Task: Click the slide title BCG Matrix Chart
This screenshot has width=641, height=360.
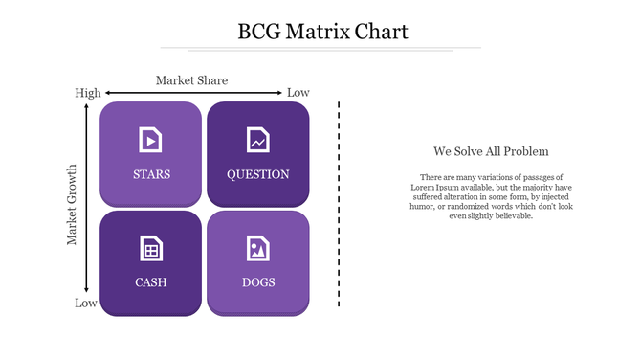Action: tap(322, 32)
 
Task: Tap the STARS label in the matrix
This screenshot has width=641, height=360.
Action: tap(152, 174)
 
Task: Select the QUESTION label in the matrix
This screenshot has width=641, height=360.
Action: tap(257, 174)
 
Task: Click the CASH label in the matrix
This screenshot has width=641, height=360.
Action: tap(151, 282)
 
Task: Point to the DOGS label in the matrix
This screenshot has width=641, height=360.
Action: tap(258, 282)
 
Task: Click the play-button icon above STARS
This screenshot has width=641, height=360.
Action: tap(150, 140)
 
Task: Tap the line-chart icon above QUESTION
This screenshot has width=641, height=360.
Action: tap(257, 140)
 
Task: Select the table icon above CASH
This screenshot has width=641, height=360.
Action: tap(150, 248)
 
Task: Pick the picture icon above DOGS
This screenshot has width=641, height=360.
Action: tap(257, 248)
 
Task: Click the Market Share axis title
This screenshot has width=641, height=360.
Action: tap(191, 80)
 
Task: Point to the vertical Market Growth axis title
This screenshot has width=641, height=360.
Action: tap(73, 204)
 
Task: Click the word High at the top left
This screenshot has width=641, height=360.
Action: tap(88, 93)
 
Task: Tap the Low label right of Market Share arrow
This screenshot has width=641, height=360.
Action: tap(298, 93)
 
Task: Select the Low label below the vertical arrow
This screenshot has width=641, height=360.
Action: tap(86, 304)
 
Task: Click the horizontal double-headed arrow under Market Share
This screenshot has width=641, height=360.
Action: tap(192, 93)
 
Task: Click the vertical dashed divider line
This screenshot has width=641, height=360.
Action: tap(339, 203)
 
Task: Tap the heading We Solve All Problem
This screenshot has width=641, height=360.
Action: tap(491, 151)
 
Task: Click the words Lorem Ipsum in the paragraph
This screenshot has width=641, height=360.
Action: tap(428, 187)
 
